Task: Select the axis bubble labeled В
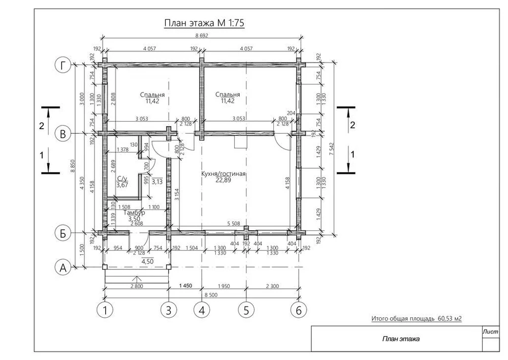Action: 63,134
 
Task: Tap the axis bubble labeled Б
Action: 63,233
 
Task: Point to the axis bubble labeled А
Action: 63,267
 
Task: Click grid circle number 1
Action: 105,310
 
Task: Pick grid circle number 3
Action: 169,310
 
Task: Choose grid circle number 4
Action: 202,310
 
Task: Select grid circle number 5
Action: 246,310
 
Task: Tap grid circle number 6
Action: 298,310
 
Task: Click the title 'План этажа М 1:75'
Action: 204,23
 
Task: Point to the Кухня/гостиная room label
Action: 223,174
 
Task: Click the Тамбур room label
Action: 135,213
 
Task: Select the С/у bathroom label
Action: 122,178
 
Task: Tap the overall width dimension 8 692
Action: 202,36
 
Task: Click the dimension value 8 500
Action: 211,295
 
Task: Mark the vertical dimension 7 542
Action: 331,148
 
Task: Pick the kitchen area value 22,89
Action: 223,180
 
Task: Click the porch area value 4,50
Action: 147,261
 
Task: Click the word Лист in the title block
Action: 491,332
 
